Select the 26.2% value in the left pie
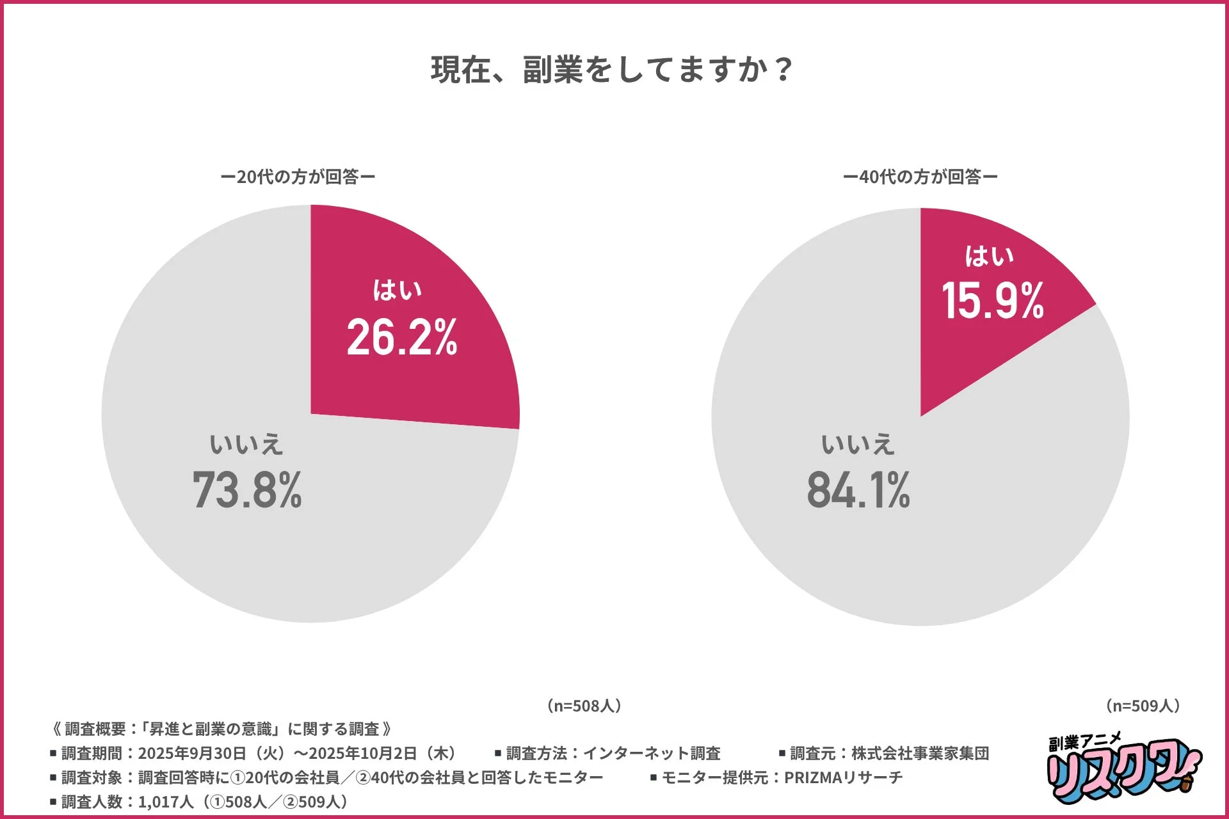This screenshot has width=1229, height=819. pos(402,337)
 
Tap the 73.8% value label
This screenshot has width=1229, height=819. pos(247,490)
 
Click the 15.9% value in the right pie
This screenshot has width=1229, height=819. pos(992,300)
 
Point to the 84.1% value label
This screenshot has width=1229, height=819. pos(858,490)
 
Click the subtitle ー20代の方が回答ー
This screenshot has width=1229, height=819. pos(298,177)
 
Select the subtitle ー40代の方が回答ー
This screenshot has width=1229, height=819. pos(920,177)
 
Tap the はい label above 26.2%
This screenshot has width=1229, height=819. pos(398,290)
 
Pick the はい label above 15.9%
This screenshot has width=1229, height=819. pos(989,256)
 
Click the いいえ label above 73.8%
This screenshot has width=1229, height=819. pos(246,444)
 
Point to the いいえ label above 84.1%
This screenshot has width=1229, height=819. pos(858,444)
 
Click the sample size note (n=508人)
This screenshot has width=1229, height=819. pos(584,706)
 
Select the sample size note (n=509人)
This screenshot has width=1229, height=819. pos(1143,706)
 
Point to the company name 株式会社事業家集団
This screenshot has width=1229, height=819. pos(920,754)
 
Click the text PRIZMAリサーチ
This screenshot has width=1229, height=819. pos(843,777)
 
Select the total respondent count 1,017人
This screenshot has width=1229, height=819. pos(165,802)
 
